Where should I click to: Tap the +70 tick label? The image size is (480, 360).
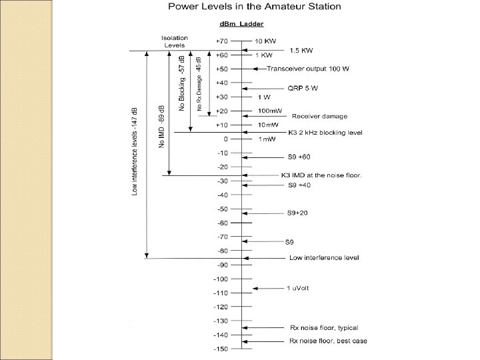tap(222, 41)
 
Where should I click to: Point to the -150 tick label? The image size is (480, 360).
tap(221, 349)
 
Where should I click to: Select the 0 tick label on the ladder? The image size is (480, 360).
tap(226, 139)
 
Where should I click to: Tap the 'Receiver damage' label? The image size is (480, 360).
tap(319, 116)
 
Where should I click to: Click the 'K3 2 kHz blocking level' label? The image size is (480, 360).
tap(325, 133)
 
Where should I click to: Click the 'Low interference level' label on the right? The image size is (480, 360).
tap(324, 257)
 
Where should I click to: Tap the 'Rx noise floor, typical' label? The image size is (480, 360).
tap(323, 327)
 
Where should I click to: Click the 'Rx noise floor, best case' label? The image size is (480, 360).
tap(327, 341)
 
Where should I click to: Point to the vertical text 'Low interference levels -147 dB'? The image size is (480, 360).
tap(135, 151)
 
